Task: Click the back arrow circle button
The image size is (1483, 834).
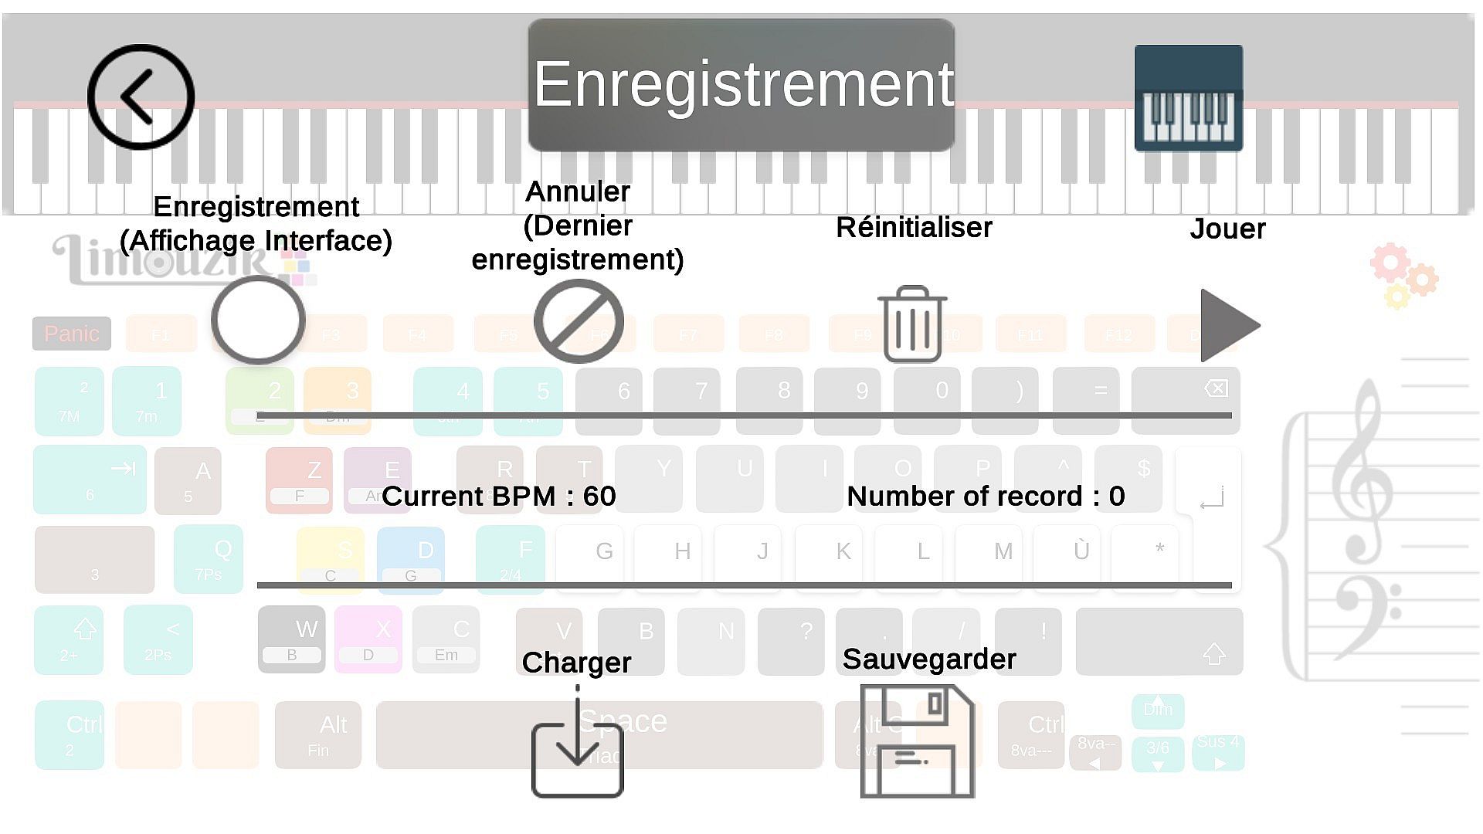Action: pyautogui.click(x=141, y=97)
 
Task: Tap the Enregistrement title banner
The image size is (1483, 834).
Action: pyautogui.click(x=741, y=85)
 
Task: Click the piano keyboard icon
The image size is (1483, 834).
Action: pyautogui.click(x=1188, y=98)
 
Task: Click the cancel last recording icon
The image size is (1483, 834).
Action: pyautogui.click(x=579, y=321)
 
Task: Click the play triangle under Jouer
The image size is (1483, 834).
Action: pyautogui.click(x=1228, y=325)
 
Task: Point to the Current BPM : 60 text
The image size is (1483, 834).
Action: pyautogui.click(x=499, y=496)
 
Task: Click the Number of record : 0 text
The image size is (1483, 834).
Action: pyautogui.click(x=986, y=496)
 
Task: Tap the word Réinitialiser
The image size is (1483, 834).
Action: pyautogui.click(x=914, y=228)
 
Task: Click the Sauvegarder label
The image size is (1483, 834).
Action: pyautogui.click(x=929, y=659)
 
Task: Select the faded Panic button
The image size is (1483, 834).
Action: pyautogui.click(x=72, y=334)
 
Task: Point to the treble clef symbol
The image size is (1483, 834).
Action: pyautogui.click(x=1363, y=471)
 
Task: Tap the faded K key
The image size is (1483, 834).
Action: pyautogui.click(x=843, y=551)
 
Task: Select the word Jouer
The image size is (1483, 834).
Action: pyautogui.click(x=1227, y=229)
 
